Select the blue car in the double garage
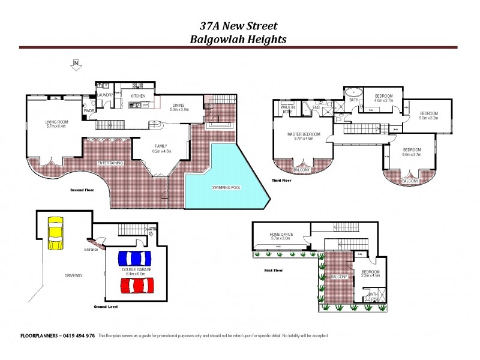click(x=134, y=259)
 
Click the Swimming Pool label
click(x=226, y=188)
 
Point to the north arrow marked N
click(x=76, y=62)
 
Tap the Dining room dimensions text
click(x=179, y=110)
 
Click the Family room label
click(x=161, y=146)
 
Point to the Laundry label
click(x=106, y=94)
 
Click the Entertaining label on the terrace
click(x=110, y=163)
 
